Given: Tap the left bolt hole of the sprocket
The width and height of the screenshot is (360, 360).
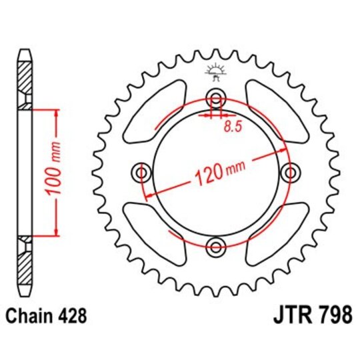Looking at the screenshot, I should tap(141, 173).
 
